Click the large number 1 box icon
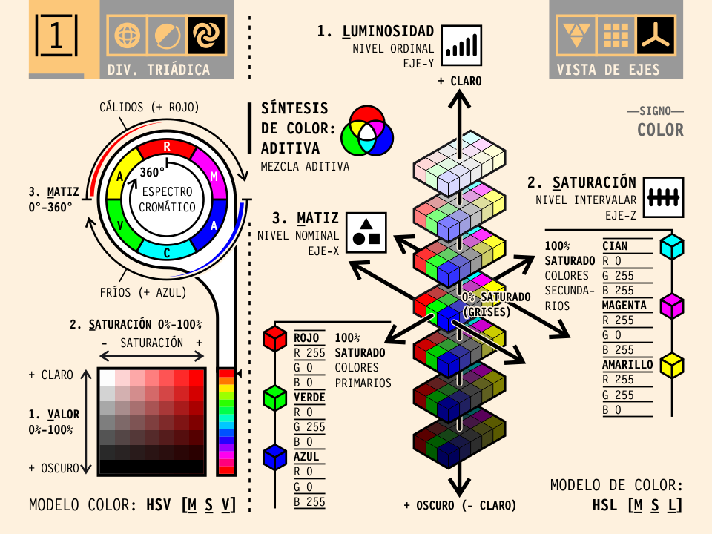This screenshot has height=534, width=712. (x=56, y=35)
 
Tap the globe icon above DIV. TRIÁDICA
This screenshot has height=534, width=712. (x=127, y=35)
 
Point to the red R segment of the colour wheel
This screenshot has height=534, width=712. (x=167, y=145)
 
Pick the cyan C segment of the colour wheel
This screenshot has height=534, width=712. (x=167, y=252)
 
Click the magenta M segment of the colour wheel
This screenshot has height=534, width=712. (x=214, y=175)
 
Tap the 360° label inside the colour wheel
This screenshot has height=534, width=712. (x=152, y=172)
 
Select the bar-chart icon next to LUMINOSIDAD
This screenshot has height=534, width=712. (x=461, y=44)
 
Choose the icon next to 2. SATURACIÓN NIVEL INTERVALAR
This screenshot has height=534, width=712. (x=662, y=197)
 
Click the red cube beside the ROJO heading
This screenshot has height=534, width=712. (x=275, y=338)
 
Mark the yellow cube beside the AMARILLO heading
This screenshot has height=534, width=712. (x=672, y=363)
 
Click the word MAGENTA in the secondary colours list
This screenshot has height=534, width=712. (x=624, y=305)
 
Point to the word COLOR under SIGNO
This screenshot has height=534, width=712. (x=660, y=130)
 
